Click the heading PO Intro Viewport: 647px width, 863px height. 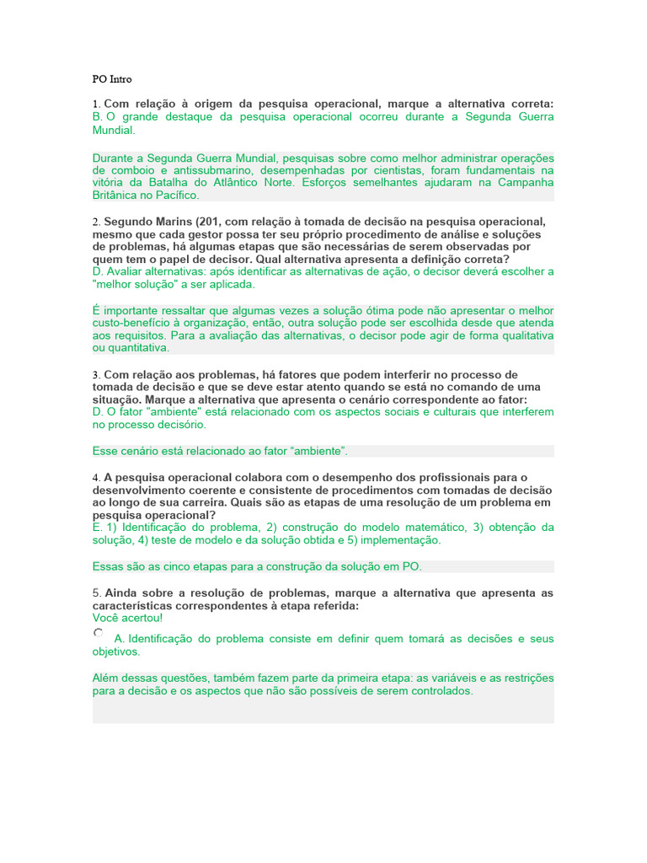112,79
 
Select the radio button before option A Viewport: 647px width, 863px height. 99,633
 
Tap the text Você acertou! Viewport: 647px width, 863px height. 127,618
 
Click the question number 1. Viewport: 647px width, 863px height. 95,104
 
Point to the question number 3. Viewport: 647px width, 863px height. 95,374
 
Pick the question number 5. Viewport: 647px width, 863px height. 95,593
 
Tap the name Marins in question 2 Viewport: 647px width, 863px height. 174,221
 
